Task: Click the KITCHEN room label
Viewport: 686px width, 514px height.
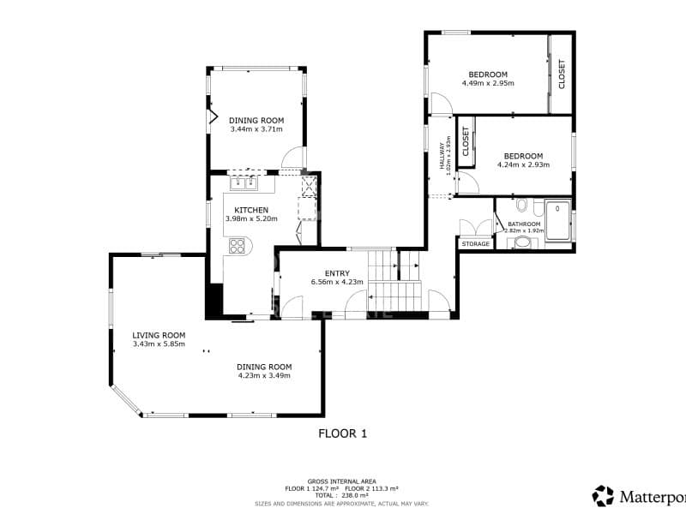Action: coord(252,210)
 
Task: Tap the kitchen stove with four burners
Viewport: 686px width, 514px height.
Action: coord(236,247)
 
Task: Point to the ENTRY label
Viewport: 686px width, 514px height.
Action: coord(337,273)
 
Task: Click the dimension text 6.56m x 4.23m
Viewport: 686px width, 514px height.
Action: coord(337,282)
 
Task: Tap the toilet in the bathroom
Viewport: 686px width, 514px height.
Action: coord(521,206)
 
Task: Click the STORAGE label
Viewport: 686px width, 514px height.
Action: coord(476,244)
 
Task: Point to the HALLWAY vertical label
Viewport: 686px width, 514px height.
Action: coord(443,156)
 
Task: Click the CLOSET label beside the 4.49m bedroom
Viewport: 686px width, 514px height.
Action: coord(562,74)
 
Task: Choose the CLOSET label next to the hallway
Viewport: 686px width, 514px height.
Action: coord(466,140)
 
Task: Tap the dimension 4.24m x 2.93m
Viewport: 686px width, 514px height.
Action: coord(523,164)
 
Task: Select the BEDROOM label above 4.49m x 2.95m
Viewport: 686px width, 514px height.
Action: coord(488,75)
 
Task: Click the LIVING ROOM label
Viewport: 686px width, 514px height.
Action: coord(159,335)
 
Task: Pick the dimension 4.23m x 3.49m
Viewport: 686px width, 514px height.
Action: coord(264,375)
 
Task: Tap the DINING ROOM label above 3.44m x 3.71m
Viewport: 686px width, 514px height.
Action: coord(256,121)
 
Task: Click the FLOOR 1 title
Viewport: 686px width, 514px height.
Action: coord(342,433)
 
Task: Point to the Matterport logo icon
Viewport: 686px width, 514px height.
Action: coord(604,495)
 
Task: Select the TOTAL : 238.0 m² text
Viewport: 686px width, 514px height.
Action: coord(342,495)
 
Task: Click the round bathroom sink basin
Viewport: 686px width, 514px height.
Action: coord(521,242)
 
